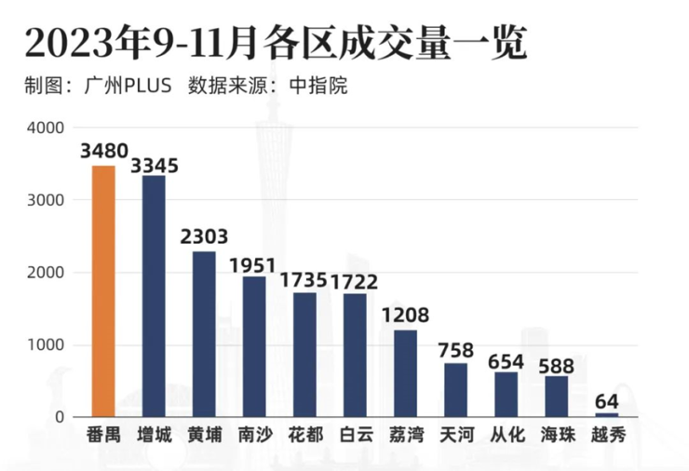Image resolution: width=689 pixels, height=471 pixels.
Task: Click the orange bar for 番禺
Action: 103,290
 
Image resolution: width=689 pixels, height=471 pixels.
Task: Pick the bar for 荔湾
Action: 405,372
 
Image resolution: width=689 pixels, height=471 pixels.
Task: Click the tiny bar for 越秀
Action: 606,414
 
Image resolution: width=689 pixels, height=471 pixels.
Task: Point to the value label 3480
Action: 103,151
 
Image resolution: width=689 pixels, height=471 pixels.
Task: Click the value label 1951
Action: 254,265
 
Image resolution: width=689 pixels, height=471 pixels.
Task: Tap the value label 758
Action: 455,351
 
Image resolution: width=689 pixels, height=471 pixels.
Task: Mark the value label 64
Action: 606,401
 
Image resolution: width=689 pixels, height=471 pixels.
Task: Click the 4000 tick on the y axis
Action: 46,128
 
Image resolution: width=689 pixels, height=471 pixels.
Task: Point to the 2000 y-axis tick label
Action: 46,273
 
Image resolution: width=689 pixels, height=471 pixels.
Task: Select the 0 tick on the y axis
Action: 58,417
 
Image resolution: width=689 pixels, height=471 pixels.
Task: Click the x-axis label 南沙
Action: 254,436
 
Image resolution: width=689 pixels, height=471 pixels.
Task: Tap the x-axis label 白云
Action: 355,436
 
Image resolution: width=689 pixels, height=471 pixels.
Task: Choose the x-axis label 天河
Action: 455,436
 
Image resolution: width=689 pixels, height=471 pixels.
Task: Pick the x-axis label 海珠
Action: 556,436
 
